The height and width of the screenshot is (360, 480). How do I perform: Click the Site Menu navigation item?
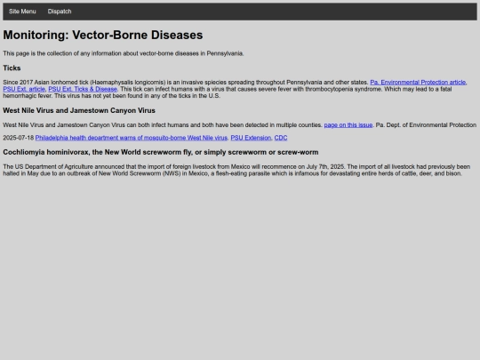[22, 12]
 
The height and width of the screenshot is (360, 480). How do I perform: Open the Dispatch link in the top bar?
[60, 12]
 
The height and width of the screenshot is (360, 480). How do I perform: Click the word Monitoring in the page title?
[38, 36]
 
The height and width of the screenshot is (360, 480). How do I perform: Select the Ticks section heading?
[12, 68]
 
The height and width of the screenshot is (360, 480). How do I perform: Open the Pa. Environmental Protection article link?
[417, 82]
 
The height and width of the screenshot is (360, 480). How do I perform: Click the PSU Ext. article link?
[24, 89]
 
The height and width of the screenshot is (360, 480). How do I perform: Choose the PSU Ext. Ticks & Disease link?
[83, 89]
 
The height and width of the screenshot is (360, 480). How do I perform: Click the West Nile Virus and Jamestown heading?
[79, 110]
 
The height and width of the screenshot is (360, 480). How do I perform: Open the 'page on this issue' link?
[348, 124]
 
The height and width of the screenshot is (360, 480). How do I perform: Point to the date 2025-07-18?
[19, 138]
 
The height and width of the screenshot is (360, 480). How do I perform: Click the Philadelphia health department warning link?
[132, 138]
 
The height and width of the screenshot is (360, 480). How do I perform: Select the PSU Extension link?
[251, 138]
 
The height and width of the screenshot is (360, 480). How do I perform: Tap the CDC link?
[281, 138]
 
